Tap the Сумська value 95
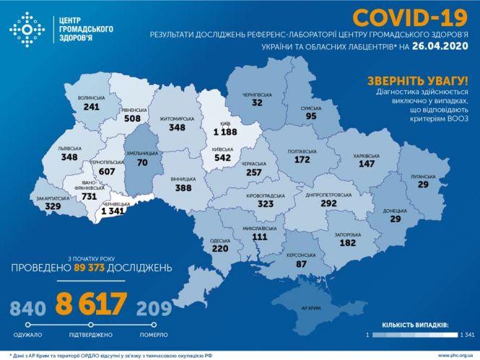coord(311,115)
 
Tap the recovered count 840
coord(28,309)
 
